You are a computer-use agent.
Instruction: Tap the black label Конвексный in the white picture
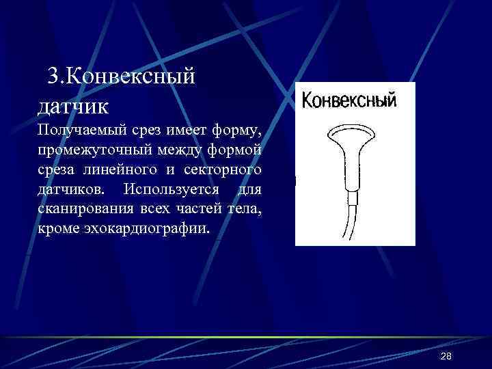[349, 100]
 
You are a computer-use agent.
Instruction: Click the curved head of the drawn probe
[351, 132]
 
